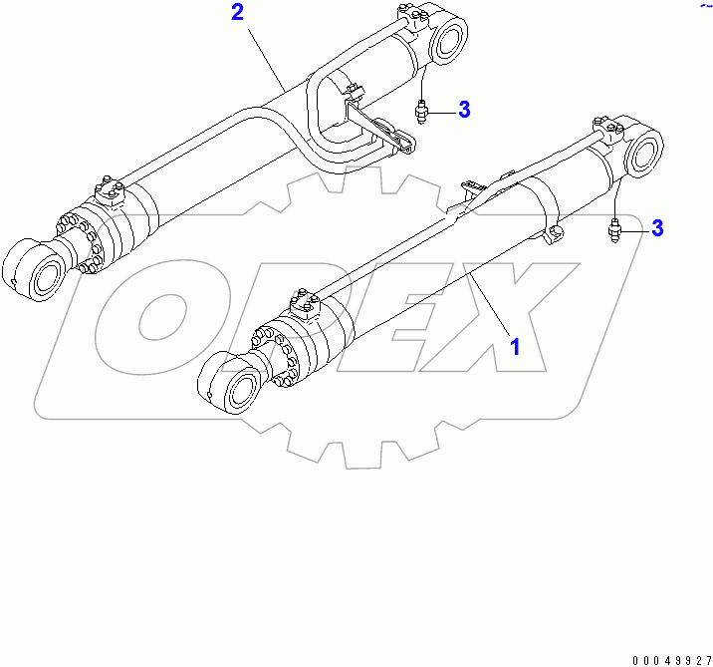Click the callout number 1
tap(515, 346)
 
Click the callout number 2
tap(237, 13)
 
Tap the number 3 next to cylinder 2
tap(464, 110)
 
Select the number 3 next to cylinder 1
tap(657, 228)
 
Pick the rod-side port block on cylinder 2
tap(108, 189)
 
